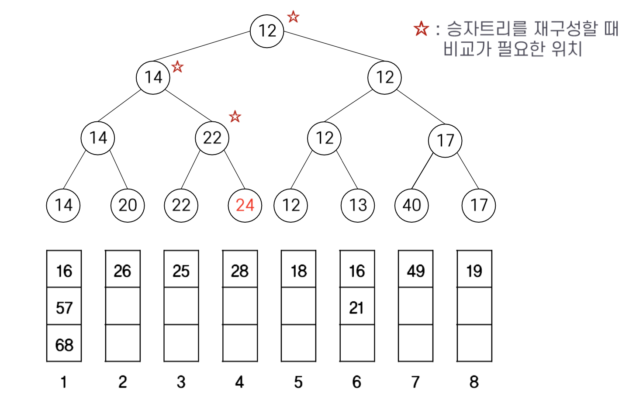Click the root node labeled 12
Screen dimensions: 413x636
[x=267, y=31]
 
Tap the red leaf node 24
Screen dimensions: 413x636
[x=245, y=205]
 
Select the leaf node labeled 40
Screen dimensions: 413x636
[x=411, y=205]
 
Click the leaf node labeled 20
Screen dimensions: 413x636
[x=128, y=205]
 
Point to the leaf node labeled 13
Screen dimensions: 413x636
[x=358, y=205]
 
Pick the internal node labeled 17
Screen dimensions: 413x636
[x=445, y=141]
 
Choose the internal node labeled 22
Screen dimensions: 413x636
[x=212, y=138]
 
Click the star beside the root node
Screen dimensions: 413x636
[x=293, y=17]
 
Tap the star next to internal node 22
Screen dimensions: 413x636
[x=235, y=117]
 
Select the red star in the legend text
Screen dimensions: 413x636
[x=422, y=29]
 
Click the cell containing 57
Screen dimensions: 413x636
[x=64, y=308]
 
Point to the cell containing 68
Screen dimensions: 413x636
[x=64, y=345]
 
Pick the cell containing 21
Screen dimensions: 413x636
[x=357, y=308]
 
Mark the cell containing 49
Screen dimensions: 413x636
[x=415, y=271]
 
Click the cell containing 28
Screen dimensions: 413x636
[x=240, y=271]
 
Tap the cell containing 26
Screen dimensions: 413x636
[x=122, y=271]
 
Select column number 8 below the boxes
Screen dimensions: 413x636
[x=474, y=382]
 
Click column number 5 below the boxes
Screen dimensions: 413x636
[x=298, y=382]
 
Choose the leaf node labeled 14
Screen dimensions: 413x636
[x=63, y=205]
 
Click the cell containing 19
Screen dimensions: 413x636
[x=474, y=271]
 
